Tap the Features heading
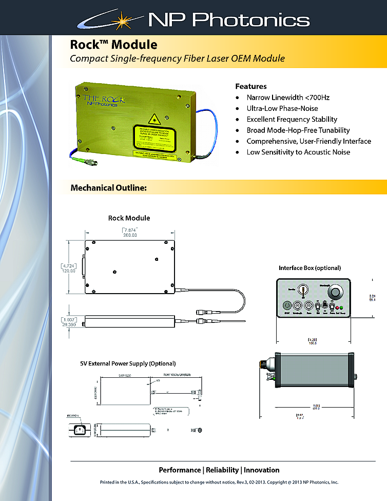coord(250,86)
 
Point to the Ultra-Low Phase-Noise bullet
coord(282,108)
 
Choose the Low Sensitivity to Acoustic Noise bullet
coord(298,152)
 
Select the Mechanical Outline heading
coord(109,188)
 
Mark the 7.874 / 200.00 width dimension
coord(129,232)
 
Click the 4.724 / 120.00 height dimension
coord(69,268)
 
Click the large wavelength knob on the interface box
coord(336,293)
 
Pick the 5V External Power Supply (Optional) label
coord(128,363)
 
